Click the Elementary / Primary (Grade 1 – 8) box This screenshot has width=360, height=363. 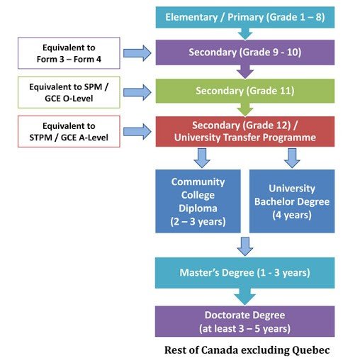click(x=245, y=18)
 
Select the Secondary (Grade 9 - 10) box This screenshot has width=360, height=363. click(x=245, y=52)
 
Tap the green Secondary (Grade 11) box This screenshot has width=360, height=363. click(x=245, y=91)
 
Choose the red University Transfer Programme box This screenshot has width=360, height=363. click(x=245, y=131)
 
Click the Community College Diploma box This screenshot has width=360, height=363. click(x=198, y=201)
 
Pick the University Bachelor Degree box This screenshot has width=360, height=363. click(x=292, y=201)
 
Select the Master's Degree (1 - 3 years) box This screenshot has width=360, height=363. click(x=245, y=273)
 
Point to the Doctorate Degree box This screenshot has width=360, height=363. click(x=245, y=321)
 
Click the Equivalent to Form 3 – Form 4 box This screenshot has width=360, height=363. click(x=69, y=53)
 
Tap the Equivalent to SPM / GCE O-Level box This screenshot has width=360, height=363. click(x=69, y=92)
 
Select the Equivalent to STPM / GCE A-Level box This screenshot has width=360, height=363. click(x=69, y=132)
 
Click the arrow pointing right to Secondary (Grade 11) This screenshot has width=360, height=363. click(x=137, y=92)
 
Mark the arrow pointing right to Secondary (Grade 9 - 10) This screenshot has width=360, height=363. click(x=137, y=53)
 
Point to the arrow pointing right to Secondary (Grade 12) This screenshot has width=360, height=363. click(x=137, y=132)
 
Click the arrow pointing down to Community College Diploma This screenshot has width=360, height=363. click(x=202, y=158)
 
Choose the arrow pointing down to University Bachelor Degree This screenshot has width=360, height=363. click(x=292, y=158)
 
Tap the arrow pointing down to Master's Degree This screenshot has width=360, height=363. click(x=245, y=247)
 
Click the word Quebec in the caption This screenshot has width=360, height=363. click(x=311, y=350)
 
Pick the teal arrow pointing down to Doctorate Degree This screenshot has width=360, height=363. click(x=245, y=296)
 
